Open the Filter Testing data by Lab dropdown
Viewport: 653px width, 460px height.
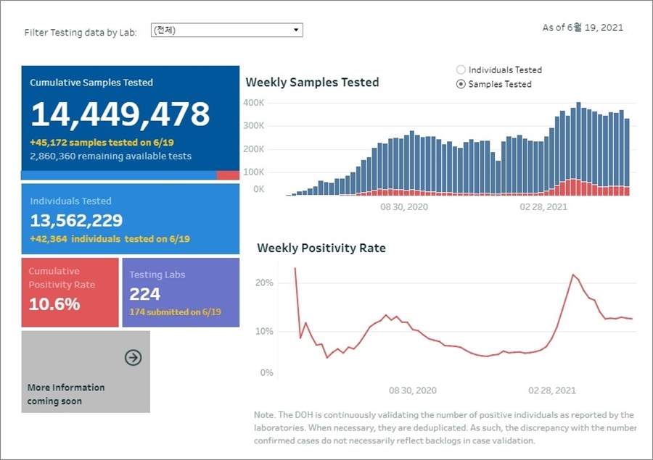(226, 30)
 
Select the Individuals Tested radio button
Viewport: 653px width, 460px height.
(461, 70)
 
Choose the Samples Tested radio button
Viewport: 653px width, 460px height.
(461, 84)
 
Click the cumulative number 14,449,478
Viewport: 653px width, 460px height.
(120, 114)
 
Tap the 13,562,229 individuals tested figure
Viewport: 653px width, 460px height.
(76, 220)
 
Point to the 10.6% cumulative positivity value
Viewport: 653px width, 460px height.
(54, 304)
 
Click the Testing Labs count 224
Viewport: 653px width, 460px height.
(145, 294)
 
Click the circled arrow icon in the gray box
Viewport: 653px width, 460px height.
(133, 357)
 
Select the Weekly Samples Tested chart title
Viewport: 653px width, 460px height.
(312, 83)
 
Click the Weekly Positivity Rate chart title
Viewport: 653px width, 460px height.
(321, 248)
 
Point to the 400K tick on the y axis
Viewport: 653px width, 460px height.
(254, 103)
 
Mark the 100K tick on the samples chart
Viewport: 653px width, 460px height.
(254, 172)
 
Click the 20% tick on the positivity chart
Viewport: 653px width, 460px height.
(264, 283)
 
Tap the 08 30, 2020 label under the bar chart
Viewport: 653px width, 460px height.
(404, 207)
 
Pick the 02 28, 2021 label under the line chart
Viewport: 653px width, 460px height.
(552, 390)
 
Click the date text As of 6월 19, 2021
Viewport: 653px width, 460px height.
(583, 28)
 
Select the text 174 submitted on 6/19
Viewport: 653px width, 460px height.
(175, 312)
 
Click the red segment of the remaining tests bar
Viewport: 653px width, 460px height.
(228, 175)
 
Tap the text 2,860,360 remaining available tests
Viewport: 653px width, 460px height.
(111, 156)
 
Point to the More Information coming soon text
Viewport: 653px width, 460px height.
(66, 394)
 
